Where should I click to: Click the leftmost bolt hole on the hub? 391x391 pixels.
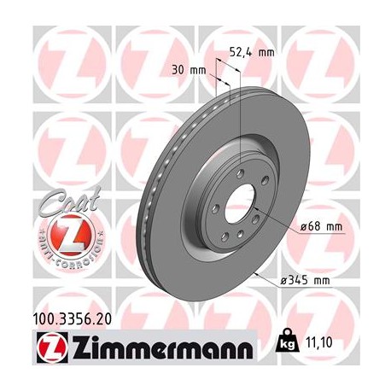pyautogui.click(x=207, y=207)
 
